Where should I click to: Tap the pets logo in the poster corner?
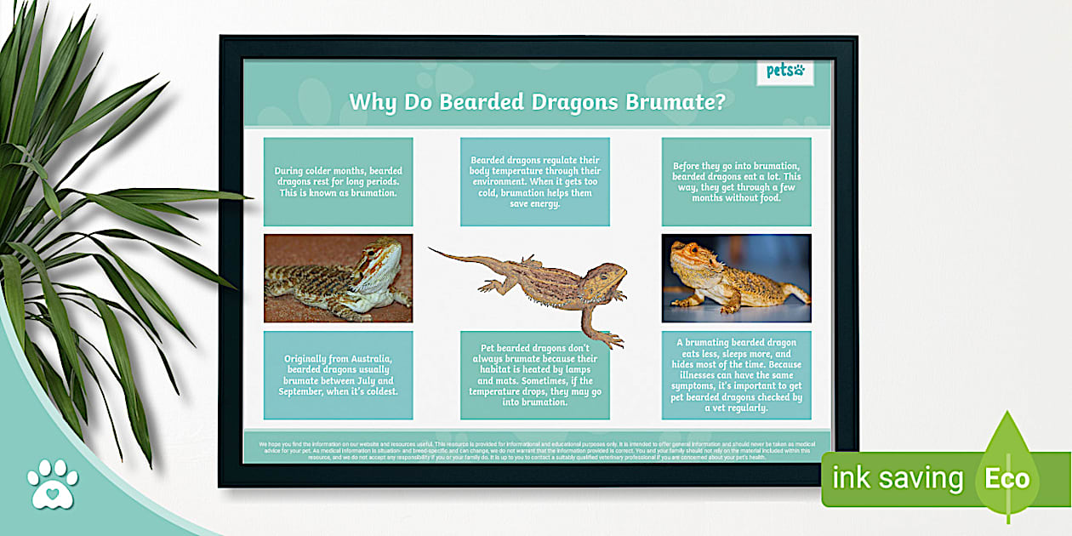tap(784, 71)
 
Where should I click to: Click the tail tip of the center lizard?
tap(431, 249)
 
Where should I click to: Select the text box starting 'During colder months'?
tap(338, 182)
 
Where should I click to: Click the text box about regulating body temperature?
tap(534, 182)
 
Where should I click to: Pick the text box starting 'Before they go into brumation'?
tap(736, 182)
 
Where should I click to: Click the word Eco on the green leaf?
tap(1006, 478)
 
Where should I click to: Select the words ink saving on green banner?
tap(897, 478)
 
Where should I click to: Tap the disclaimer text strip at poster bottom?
tap(536, 449)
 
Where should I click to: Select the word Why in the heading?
tap(368, 102)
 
